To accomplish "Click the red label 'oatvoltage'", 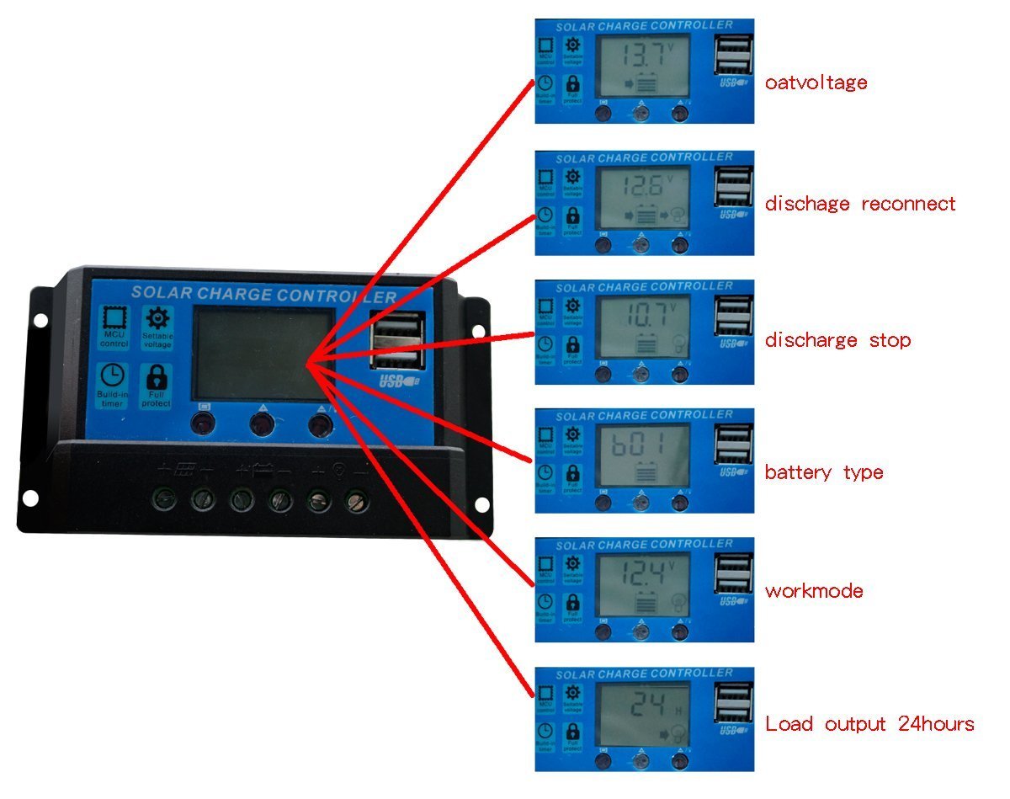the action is point(815,83).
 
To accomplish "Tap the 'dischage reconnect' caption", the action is point(859,204).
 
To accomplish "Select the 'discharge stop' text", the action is point(837,340).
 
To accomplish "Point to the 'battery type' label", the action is point(823,471).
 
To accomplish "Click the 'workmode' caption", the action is point(813,591).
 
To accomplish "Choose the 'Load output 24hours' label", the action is point(869,724).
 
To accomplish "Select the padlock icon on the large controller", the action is point(157,376).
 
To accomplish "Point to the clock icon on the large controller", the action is point(111,375).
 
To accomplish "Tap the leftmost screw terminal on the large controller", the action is point(164,501).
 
